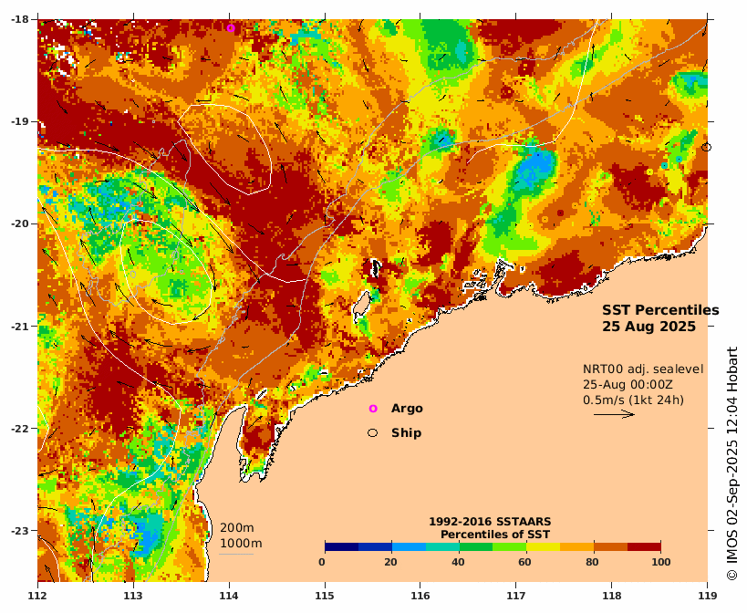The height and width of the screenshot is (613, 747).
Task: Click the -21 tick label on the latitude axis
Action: click(x=19, y=326)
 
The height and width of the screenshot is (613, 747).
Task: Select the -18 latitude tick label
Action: click(x=19, y=19)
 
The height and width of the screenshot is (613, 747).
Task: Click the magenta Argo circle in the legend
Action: click(x=372, y=409)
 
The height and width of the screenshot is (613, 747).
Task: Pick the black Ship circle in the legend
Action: click(x=372, y=432)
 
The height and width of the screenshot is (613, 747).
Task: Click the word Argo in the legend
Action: click(x=407, y=409)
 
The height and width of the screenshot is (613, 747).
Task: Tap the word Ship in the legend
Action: click(x=406, y=432)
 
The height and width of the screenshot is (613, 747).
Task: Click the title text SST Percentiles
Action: click(x=659, y=310)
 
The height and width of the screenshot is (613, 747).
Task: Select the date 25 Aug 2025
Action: click(x=648, y=326)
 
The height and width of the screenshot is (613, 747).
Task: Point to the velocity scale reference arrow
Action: click(x=614, y=414)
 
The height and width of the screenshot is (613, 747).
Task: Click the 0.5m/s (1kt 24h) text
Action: click(x=633, y=399)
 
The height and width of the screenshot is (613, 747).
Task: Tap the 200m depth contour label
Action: click(x=236, y=528)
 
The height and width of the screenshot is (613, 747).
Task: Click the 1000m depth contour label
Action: click(x=240, y=544)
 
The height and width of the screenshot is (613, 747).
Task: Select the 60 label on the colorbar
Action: click(x=525, y=562)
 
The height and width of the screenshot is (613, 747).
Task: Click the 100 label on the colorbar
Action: click(x=660, y=562)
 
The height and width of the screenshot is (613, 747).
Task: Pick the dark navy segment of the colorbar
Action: click(x=341, y=546)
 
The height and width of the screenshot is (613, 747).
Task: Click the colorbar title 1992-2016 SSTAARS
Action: click(x=489, y=522)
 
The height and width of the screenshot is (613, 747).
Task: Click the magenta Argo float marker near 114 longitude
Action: click(x=231, y=28)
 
